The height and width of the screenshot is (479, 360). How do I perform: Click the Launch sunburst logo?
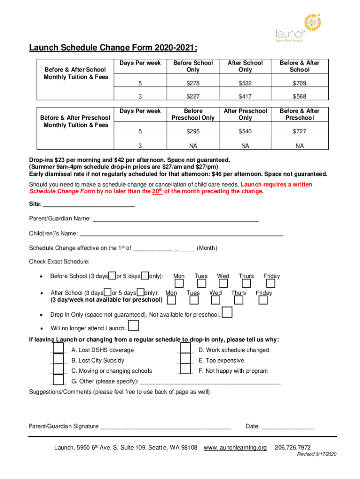[312, 22]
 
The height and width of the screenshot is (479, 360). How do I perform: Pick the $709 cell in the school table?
[299, 83]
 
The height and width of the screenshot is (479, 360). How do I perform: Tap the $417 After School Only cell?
[245, 96]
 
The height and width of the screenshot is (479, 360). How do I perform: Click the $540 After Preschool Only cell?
[245, 132]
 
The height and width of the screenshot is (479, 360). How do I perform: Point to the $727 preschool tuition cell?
[299, 132]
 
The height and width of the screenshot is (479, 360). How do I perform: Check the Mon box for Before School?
[179, 284]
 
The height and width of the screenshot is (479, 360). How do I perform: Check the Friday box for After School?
[263, 300]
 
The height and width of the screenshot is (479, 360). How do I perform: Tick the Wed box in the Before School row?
[223, 284]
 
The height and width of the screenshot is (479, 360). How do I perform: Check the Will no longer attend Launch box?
[133, 326]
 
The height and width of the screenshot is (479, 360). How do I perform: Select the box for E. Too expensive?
[186, 359]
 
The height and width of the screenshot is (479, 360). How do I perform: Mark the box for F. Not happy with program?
[186, 370]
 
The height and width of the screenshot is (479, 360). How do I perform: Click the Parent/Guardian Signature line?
[166, 427]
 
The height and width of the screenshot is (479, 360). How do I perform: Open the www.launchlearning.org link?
[235, 448]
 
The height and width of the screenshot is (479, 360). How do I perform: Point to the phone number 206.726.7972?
[293, 448]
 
